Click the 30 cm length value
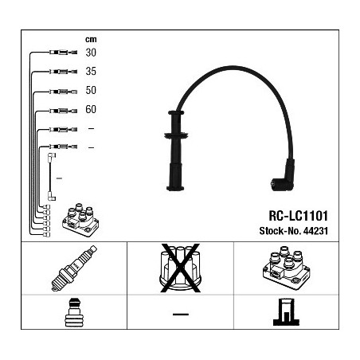point(91,53)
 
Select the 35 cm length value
point(91,72)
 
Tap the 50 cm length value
point(91,90)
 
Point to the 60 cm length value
point(91,109)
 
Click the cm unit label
point(91,40)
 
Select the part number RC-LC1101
point(299,216)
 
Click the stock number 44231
point(315,231)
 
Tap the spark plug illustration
point(74,268)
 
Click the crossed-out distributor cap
point(180,268)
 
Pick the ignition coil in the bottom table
point(286,268)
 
